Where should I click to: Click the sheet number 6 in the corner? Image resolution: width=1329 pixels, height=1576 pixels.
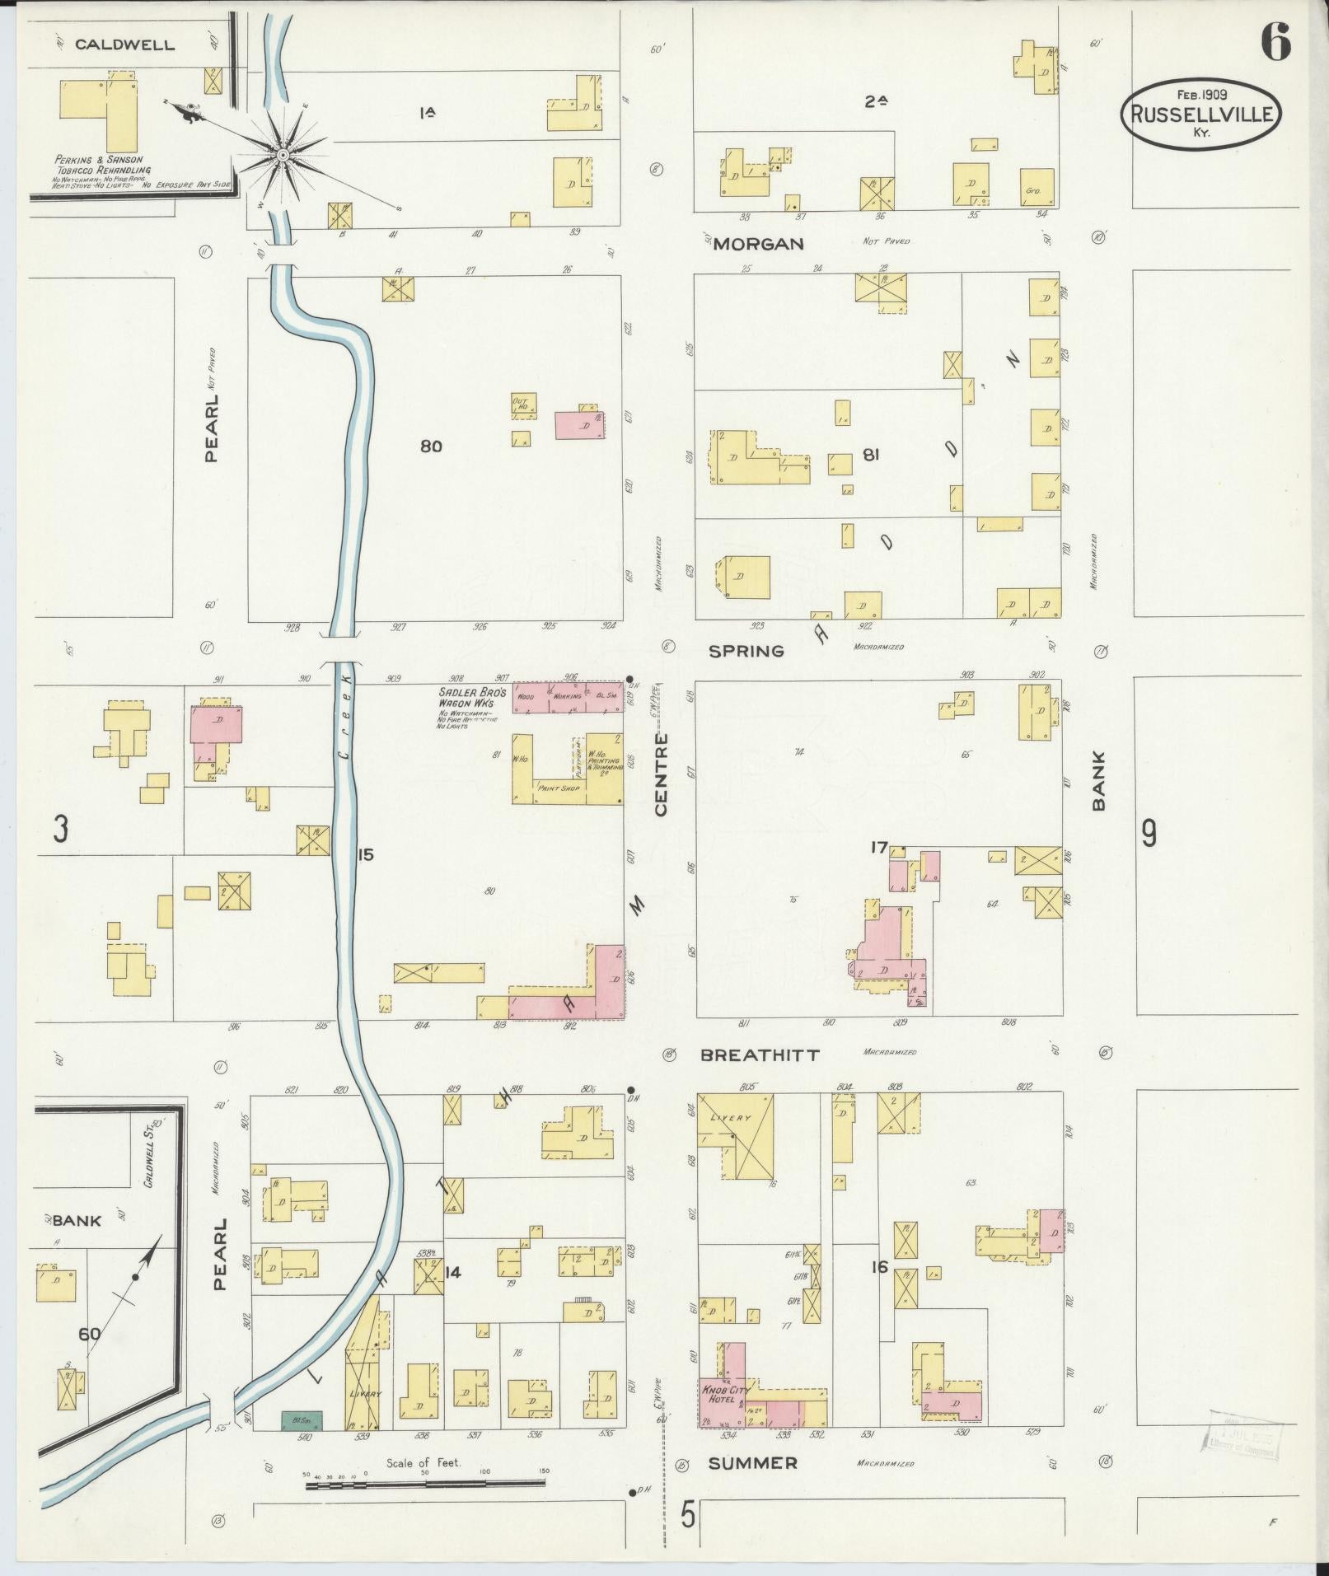point(1275,40)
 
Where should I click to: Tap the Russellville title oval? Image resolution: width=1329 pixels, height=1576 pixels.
point(1200,115)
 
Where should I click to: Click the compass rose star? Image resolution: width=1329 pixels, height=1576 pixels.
point(283,154)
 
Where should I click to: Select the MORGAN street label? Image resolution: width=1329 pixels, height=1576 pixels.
point(758,244)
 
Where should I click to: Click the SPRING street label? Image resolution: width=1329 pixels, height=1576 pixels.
point(746,651)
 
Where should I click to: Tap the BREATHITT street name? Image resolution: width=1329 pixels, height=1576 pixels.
point(760,1055)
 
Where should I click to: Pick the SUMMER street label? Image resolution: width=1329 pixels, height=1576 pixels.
point(752,1463)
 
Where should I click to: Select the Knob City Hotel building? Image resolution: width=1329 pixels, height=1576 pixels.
point(722,1396)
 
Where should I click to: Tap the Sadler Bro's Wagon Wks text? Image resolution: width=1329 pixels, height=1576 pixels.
point(466,699)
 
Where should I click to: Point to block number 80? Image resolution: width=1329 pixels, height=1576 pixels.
point(431,447)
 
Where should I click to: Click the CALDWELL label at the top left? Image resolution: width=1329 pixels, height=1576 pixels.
point(124,45)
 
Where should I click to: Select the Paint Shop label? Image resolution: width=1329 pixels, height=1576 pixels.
point(559,788)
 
